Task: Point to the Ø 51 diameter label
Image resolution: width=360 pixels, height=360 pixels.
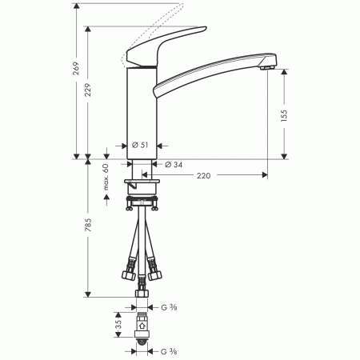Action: tap(142, 145)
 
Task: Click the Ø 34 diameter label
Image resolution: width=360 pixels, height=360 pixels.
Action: tap(174, 165)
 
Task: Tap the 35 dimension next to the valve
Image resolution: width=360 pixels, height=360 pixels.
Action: tap(117, 326)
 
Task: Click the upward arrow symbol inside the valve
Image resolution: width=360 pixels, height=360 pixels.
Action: tap(142, 326)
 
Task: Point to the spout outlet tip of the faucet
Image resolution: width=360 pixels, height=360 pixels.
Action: tap(267, 70)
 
